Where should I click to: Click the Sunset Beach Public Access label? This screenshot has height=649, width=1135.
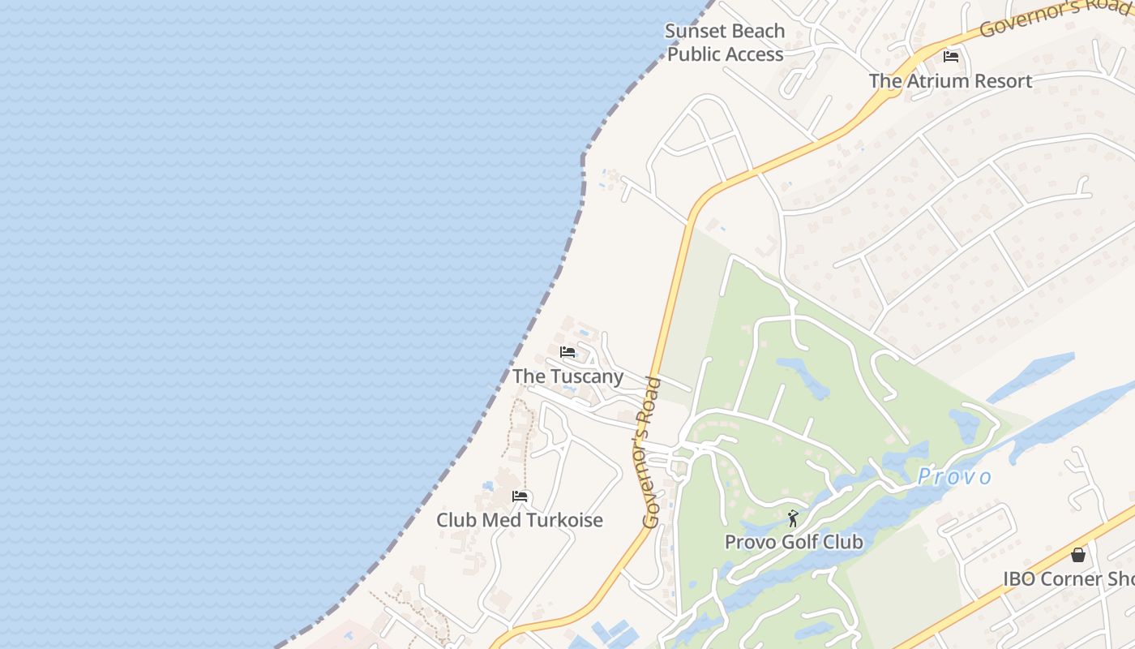725,43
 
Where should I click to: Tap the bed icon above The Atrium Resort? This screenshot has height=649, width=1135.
951,57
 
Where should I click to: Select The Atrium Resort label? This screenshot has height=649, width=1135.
950,81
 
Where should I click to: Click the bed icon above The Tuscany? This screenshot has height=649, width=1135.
567,352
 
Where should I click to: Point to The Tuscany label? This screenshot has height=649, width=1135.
567,376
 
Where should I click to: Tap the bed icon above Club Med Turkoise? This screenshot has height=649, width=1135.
520,496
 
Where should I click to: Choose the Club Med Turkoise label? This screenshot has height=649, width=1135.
520,520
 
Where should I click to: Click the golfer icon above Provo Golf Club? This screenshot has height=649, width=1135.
793,518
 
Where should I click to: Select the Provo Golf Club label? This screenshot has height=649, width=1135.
794,542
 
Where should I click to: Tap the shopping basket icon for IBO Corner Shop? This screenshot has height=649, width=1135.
1078,555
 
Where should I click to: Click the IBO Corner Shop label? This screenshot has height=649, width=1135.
1069,579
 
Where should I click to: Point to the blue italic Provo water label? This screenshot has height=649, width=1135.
954,477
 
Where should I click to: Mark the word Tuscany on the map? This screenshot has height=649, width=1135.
586,376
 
